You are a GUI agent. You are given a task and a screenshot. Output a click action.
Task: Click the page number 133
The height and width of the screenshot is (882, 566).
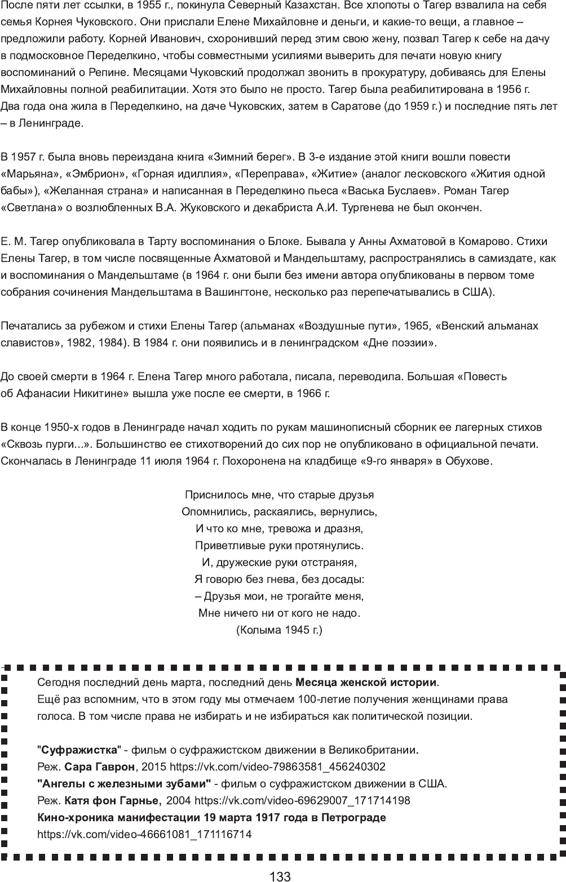pyautogui.click(x=280, y=876)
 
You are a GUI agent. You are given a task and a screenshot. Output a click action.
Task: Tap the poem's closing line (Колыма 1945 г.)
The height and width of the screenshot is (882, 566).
pyautogui.click(x=279, y=630)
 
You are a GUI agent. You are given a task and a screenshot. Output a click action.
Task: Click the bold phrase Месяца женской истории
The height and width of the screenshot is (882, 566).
pyautogui.click(x=366, y=683)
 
